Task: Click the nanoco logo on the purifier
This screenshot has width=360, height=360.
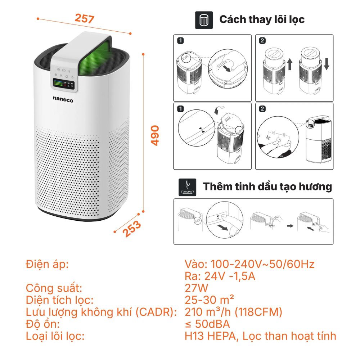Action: point(63,99)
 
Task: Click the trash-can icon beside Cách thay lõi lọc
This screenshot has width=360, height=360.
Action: point(204,20)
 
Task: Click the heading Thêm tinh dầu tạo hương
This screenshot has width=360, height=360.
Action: point(267,187)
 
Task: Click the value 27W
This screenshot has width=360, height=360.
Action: point(196,288)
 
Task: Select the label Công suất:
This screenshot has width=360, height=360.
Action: point(54,288)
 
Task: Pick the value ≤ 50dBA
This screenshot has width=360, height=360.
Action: point(207,324)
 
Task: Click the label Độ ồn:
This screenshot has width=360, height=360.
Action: point(42,324)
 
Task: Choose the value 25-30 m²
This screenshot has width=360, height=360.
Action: point(210,300)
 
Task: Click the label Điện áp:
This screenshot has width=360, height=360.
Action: point(47,265)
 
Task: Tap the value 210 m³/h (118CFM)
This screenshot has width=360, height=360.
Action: point(233,312)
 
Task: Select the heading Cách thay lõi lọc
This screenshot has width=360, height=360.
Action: point(262,19)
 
